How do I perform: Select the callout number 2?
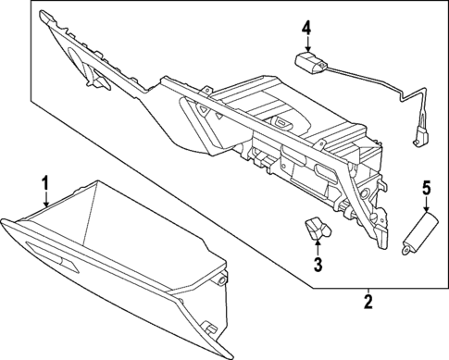click(368, 301)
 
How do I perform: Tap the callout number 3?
click(318, 267)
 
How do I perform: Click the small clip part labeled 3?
click(316, 228)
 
